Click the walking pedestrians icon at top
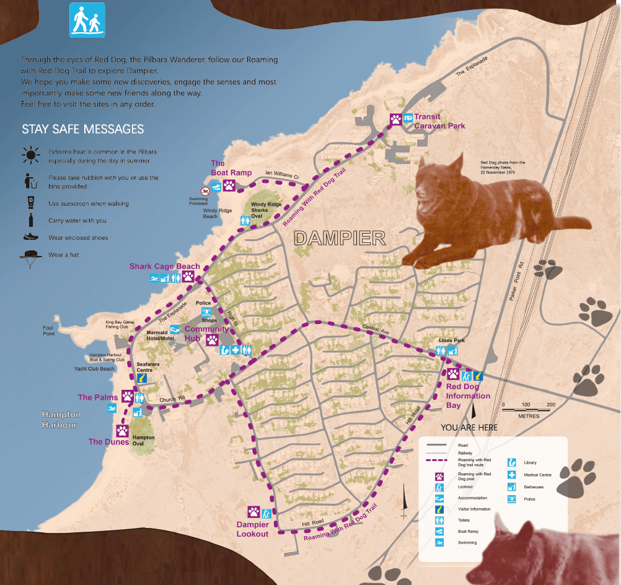point(87,20)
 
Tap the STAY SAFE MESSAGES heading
point(82,130)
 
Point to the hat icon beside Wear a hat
point(30,256)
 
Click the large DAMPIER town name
point(339,238)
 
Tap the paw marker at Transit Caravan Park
point(395,119)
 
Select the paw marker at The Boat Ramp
point(229,185)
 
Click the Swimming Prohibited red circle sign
point(204,191)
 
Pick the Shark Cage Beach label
point(164,266)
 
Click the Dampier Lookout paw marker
point(253,512)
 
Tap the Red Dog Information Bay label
point(468,396)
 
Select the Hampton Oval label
point(143,441)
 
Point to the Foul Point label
point(49,330)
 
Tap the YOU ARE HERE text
point(469,428)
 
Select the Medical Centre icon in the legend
point(512,475)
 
